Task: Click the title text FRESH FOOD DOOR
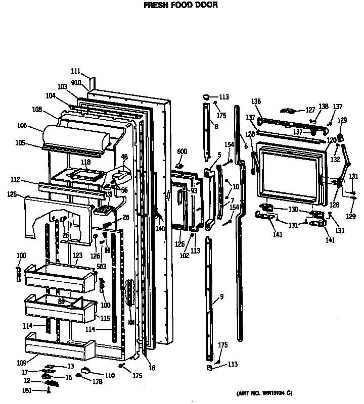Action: (x=180, y=5)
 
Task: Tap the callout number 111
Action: (x=75, y=72)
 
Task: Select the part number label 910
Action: (x=75, y=81)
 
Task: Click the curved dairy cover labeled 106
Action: (x=76, y=134)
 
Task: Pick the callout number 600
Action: (x=182, y=151)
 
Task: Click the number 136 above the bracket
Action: (x=256, y=102)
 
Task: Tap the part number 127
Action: (x=310, y=110)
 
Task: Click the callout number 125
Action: (x=13, y=194)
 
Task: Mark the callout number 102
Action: (x=184, y=255)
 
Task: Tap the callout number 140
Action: (x=160, y=229)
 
